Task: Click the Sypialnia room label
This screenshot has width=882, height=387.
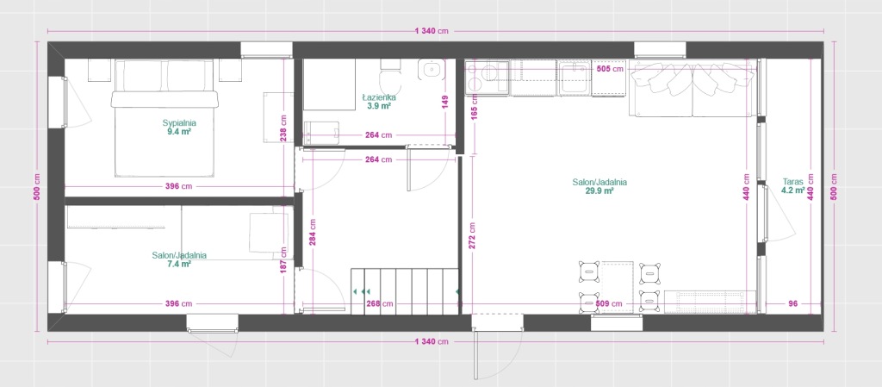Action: click(x=179, y=122)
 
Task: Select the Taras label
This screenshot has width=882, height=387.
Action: click(x=792, y=182)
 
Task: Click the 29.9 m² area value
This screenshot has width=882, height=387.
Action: click(x=599, y=190)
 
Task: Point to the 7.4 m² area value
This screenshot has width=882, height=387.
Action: click(x=179, y=263)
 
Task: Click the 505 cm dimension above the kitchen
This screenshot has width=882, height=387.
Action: click(x=610, y=69)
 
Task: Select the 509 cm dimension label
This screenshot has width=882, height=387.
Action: click(x=609, y=303)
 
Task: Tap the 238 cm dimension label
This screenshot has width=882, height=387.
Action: click(x=283, y=128)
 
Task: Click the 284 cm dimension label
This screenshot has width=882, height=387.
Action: click(x=312, y=231)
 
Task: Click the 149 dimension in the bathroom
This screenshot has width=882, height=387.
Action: click(x=445, y=102)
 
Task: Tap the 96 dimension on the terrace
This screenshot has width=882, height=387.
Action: click(x=792, y=303)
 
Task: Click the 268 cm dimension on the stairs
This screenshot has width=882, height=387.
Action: click(x=379, y=303)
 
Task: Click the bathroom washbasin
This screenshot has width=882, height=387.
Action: click(x=432, y=69)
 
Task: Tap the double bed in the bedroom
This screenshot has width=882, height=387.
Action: click(x=165, y=119)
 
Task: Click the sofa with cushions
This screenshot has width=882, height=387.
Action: click(x=692, y=88)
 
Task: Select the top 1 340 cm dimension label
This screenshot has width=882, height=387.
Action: click(x=432, y=31)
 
